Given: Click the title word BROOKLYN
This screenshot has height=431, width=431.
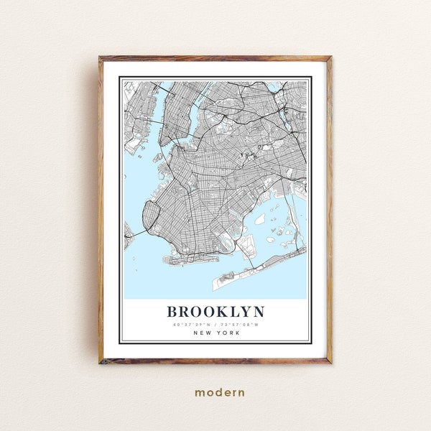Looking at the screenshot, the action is (215, 312).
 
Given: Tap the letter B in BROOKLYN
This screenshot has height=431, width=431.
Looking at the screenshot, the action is (172, 312).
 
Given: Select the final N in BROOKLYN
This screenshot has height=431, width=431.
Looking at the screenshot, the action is (259, 312).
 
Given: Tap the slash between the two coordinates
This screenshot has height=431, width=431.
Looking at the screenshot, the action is (215, 325).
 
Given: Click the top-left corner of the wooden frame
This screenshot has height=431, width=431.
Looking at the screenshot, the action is (100, 57).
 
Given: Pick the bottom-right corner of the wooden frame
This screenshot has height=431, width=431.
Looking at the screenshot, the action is (331, 363).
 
